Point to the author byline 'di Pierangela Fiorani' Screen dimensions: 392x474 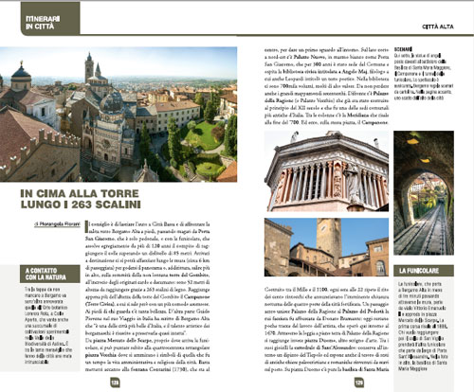(61, 223)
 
